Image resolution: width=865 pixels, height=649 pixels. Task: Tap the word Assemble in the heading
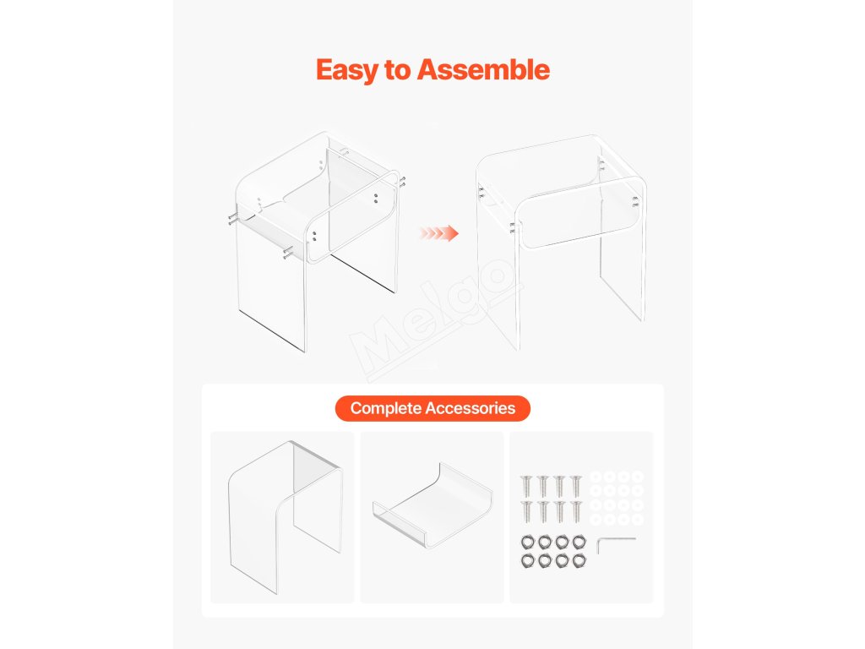(x=483, y=70)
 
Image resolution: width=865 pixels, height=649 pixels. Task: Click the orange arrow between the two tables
(x=439, y=233)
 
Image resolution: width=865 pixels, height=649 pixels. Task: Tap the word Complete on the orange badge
(x=385, y=408)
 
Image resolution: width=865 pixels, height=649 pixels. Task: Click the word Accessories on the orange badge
(x=470, y=408)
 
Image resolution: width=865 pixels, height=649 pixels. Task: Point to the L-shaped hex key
(x=616, y=545)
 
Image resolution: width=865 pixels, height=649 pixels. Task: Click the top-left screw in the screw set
(x=526, y=485)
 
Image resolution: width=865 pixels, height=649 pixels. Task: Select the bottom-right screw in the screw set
(x=576, y=511)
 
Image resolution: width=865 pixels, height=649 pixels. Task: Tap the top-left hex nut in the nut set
(x=528, y=543)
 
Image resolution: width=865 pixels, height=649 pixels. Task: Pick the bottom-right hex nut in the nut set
(x=579, y=561)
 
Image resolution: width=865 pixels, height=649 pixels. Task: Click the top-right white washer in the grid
(x=638, y=477)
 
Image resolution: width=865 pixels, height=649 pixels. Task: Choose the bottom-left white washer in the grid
(x=596, y=520)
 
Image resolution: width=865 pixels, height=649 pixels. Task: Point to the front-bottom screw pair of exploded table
(x=287, y=254)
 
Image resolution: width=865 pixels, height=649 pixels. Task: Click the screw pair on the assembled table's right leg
(x=635, y=201)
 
